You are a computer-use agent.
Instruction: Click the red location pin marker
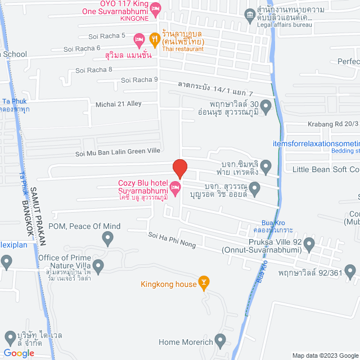click(x=179, y=168)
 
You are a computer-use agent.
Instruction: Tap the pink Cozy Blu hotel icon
click(x=175, y=191)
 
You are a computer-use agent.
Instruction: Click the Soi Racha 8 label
click(x=94, y=70)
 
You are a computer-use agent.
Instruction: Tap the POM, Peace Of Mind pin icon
click(x=108, y=239)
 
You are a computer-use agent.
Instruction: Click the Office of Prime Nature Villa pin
click(x=98, y=265)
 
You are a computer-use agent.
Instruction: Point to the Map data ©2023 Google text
click(x=323, y=355)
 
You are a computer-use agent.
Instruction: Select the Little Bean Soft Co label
click(x=325, y=169)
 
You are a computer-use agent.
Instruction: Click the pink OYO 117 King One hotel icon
click(x=156, y=8)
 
